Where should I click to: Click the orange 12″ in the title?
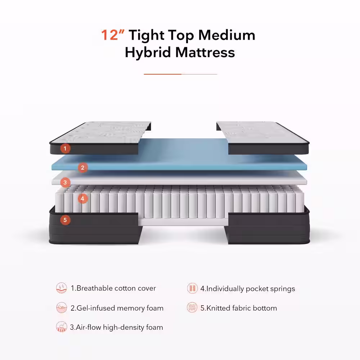112,35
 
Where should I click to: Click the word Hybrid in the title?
148,53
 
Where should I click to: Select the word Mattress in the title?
205,53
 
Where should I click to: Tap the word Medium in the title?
227,35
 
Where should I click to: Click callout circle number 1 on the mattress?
65,148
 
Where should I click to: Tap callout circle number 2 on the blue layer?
83,167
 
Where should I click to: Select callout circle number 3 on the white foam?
65,183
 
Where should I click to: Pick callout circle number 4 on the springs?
83,198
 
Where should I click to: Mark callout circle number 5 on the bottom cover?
65,220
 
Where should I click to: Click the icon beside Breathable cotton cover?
62,288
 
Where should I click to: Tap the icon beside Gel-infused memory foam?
62,308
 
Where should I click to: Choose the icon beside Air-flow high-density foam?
62,327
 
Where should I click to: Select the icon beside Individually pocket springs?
192,288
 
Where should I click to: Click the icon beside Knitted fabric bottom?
192,308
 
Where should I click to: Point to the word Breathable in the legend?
94,288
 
